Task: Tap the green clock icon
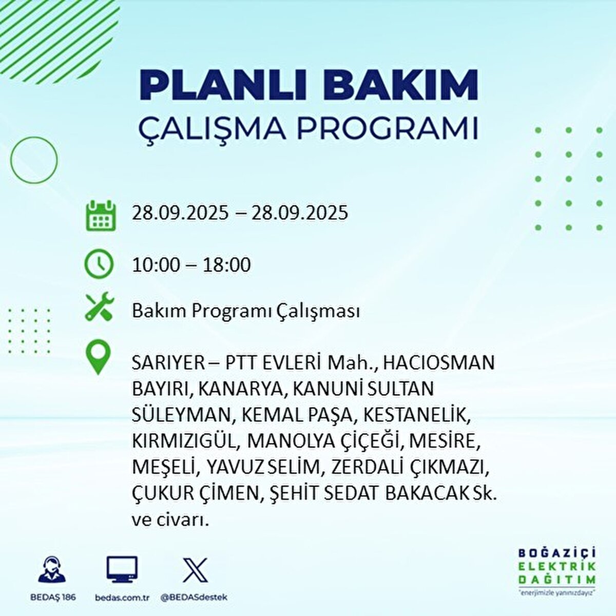pyautogui.click(x=99, y=264)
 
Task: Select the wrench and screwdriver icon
pyautogui.click(x=99, y=307)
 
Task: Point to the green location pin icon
pyautogui.click(x=99, y=358)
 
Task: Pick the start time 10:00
pyautogui.click(x=156, y=265)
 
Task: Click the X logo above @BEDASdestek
pyautogui.click(x=195, y=570)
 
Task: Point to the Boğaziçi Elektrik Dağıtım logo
pyautogui.click(x=557, y=570)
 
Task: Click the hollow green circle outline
pyautogui.click(x=34, y=160)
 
